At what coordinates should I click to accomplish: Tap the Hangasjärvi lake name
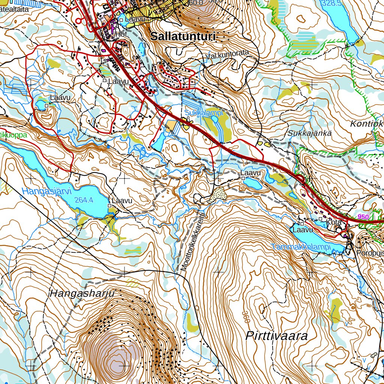tap(46, 191)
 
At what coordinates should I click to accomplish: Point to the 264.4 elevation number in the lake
tap(84, 200)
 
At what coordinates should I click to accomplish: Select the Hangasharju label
tap(82, 293)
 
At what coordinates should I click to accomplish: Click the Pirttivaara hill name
tap(276, 336)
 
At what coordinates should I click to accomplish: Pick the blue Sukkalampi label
tap(204, 113)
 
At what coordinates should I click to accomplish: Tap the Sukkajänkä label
tap(310, 133)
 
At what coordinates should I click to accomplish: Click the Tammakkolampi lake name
tap(301, 247)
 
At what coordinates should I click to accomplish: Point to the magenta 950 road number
tap(363, 217)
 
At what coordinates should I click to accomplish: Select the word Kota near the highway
tap(333, 222)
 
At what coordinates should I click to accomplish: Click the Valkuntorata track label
tap(227, 55)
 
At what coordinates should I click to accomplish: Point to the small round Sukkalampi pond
tap(214, 119)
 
